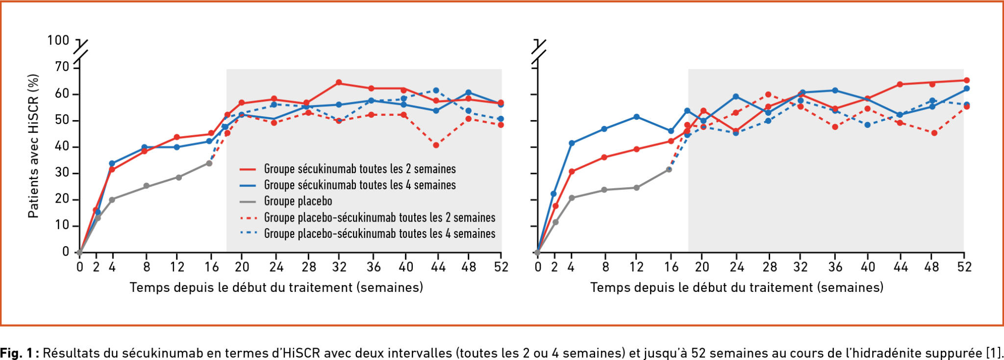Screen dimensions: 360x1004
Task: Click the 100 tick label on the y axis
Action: point(58,40)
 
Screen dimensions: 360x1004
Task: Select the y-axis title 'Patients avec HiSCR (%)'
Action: point(33,146)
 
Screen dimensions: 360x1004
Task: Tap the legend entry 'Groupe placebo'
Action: point(298,201)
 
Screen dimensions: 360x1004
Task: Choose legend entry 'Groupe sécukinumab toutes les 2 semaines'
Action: point(359,169)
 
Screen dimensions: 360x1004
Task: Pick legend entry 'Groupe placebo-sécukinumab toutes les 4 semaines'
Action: point(379,233)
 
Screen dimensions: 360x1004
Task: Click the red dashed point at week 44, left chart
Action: point(436,145)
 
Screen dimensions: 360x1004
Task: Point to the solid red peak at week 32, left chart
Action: point(339,82)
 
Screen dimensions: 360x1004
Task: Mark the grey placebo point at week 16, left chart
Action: point(209,163)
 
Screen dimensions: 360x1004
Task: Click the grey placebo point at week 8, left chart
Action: point(146,186)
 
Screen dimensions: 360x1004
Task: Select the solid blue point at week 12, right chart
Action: point(636,117)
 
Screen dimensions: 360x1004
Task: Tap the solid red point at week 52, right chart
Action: point(966,80)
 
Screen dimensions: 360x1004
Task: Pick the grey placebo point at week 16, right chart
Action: point(669,169)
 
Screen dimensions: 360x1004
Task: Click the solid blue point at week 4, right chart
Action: point(571,143)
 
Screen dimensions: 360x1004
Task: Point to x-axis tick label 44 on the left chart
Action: point(438,267)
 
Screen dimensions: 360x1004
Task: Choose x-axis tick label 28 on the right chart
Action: point(770,267)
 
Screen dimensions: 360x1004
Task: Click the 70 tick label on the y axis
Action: point(62,67)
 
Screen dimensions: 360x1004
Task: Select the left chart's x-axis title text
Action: point(276,287)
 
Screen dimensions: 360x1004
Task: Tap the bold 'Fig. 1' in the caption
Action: point(17,353)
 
